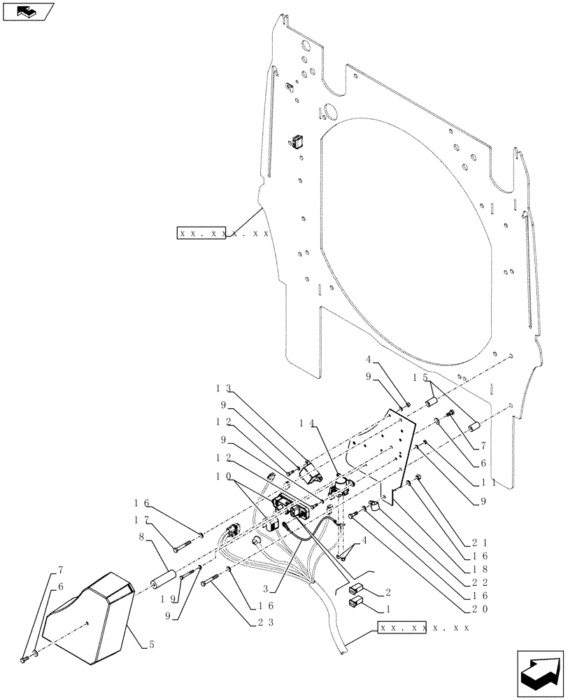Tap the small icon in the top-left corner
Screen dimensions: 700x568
(27, 11)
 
